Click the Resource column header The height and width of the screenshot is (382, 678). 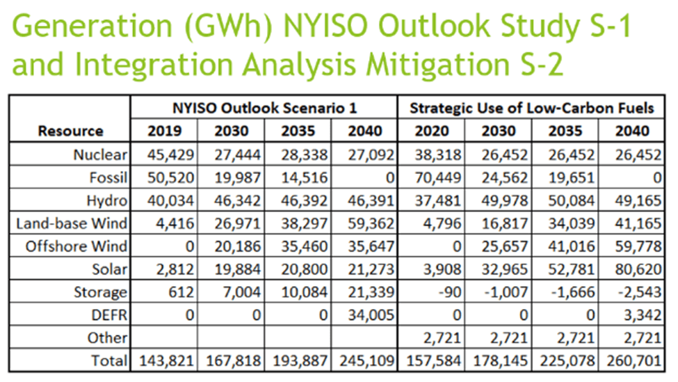point(70,131)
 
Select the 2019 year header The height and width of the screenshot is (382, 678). point(163,131)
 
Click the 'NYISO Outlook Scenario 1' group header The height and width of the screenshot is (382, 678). point(264,108)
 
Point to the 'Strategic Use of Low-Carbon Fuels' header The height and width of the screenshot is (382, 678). point(532,108)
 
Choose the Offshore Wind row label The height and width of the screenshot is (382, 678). point(76,246)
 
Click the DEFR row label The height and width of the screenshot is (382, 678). point(109,315)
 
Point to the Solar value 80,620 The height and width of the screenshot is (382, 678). point(637,269)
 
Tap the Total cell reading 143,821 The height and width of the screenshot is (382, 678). point(164,360)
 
